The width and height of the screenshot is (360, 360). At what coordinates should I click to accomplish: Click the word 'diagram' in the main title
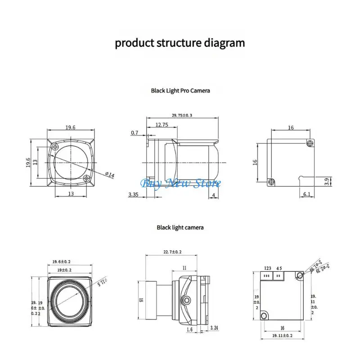point(225,43)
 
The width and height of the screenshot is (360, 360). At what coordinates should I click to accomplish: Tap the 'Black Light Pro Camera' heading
point(180,90)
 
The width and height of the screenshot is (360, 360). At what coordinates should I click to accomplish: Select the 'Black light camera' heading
point(180,227)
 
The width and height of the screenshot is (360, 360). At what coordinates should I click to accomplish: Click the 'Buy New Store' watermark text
point(181,183)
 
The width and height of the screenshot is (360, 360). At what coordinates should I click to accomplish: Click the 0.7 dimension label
point(135,133)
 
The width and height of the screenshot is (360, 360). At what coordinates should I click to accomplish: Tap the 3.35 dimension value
point(133,194)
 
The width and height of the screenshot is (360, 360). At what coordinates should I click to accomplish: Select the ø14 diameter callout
point(109,175)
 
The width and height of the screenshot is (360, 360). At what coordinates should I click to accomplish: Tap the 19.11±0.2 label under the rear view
point(282,336)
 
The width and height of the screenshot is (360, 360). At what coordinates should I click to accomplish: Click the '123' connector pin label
point(267,269)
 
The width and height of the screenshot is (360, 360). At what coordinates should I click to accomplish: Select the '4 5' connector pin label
point(279,269)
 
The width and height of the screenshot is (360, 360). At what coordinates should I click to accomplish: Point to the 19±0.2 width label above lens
point(65,270)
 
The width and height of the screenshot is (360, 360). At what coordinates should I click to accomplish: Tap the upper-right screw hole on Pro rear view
point(309,143)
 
